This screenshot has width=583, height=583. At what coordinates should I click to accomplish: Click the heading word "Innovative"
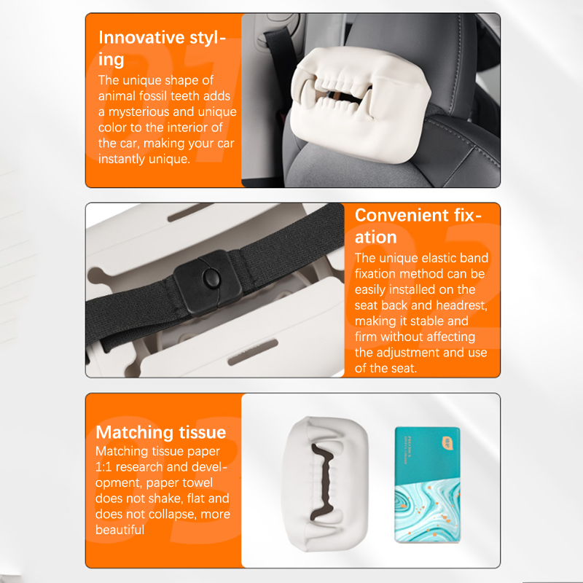pyautogui.click(x=141, y=38)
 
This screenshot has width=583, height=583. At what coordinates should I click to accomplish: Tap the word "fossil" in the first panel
pyautogui.click(x=153, y=96)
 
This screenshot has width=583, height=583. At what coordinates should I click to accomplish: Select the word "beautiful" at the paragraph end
pyautogui.click(x=120, y=530)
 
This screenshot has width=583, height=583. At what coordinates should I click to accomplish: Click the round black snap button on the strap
pyautogui.click(x=212, y=278)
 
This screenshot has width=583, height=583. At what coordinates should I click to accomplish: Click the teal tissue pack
pyautogui.click(x=427, y=485)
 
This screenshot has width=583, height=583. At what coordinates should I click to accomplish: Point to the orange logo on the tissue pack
pyautogui.click(x=447, y=443)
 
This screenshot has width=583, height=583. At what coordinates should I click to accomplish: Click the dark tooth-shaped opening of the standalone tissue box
pyautogui.click(x=321, y=482)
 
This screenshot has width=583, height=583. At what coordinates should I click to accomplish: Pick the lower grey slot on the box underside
pyautogui.click(x=253, y=352)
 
